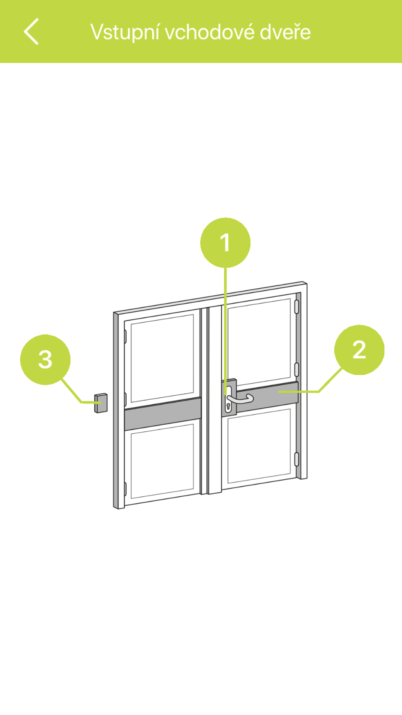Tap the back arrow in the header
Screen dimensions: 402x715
(31, 31)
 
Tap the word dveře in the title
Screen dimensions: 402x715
(285, 32)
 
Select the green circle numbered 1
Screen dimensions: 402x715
(225, 242)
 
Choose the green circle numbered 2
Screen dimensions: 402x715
(359, 350)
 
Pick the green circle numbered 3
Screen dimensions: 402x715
(45, 360)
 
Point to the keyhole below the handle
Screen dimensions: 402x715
(228, 406)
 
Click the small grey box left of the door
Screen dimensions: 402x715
(100, 403)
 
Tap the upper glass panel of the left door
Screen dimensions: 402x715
(162, 358)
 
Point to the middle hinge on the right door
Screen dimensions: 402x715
(297, 369)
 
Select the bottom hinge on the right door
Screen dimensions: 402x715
(297, 459)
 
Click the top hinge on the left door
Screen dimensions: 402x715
(125, 337)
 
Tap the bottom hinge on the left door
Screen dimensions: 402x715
(125, 489)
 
